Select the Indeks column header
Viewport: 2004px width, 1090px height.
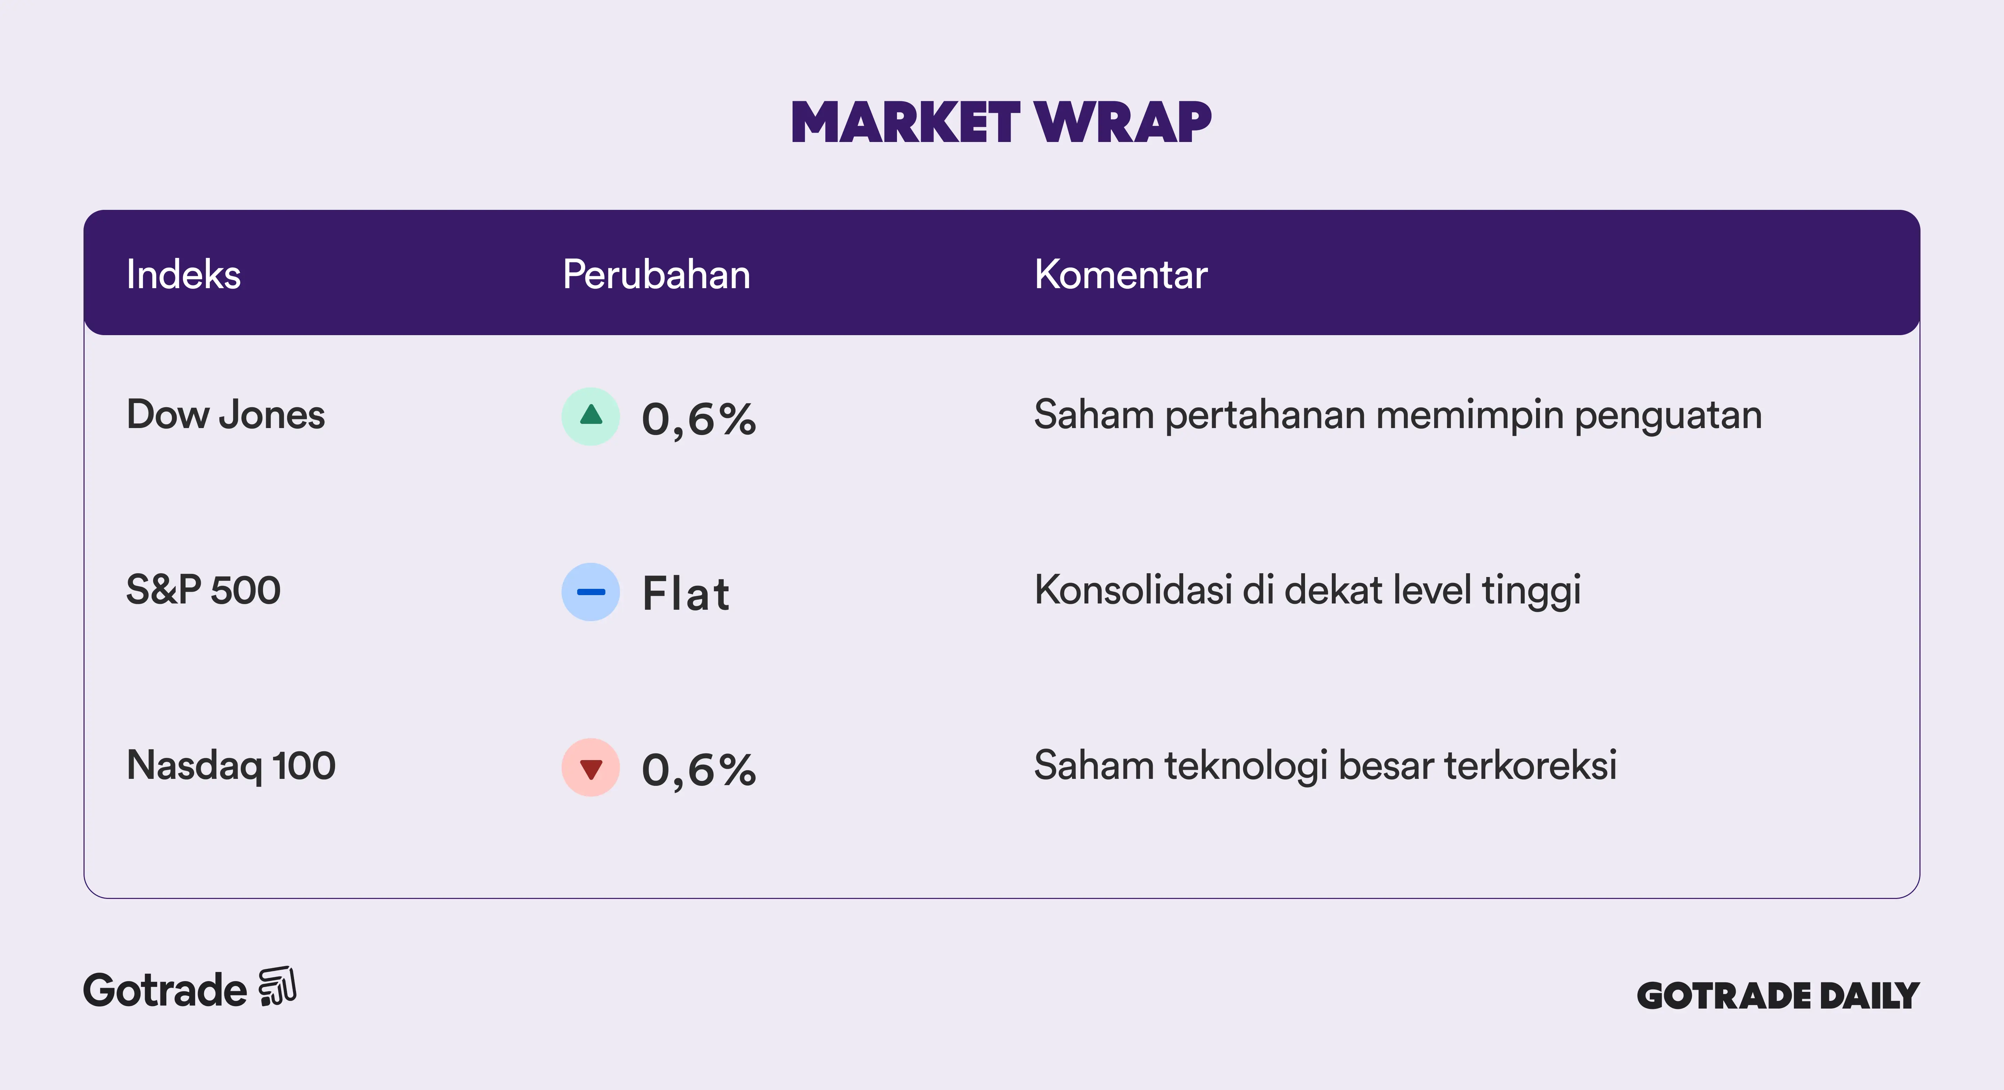click(x=184, y=275)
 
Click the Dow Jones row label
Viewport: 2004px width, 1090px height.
click(x=225, y=415)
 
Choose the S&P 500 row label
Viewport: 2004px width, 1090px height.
click(x=203, y=590)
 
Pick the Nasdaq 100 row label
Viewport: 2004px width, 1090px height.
click(x=231, y=766)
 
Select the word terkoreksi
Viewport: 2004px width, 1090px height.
click(x=1530, y=766)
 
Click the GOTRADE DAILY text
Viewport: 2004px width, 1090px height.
click(x=1779, y=996)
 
